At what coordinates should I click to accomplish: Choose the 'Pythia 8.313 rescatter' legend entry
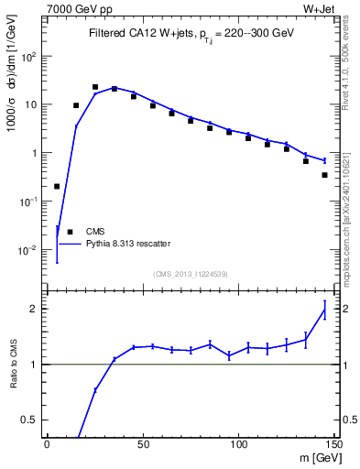pos(115,244)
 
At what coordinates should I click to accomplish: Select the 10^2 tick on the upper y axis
pos(29,56)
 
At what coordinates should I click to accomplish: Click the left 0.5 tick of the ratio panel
pos(32,420)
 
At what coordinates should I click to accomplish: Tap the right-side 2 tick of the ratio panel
pos(346,309)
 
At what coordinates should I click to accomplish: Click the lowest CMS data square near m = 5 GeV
pos(57,186)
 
